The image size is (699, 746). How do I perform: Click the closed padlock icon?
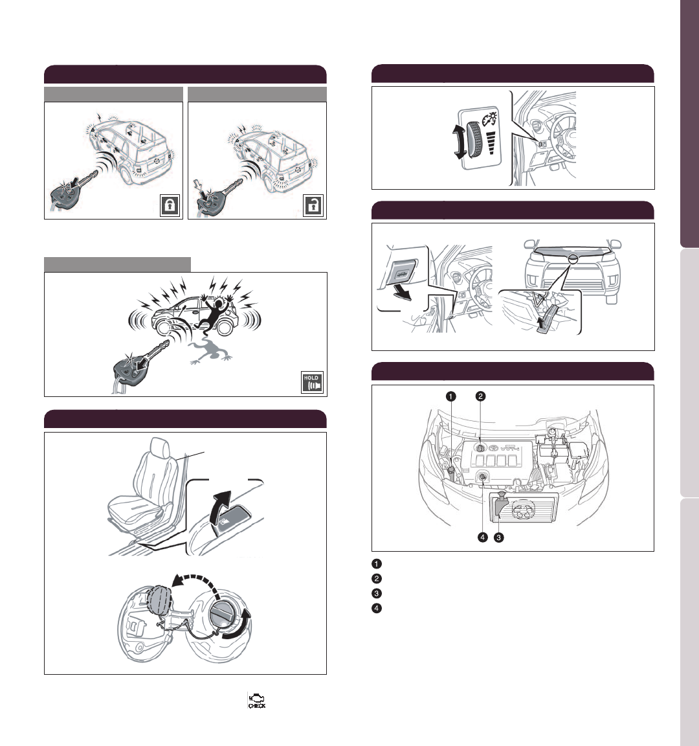coord(170,205)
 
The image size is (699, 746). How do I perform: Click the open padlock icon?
coord(313,205)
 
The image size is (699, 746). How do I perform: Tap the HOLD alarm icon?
coord(313,382)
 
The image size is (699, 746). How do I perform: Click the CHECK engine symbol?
coord(257,700)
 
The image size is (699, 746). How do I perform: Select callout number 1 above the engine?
coord(450,396)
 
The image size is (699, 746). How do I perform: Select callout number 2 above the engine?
coord(480,396)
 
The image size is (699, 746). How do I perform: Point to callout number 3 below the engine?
coord(498,537)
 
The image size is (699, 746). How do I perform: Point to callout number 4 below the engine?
coord(483,537)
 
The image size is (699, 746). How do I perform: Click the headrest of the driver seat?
coord(161,447)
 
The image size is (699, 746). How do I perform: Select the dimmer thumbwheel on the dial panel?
coord(474,140)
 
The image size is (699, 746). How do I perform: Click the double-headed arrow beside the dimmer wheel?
coord(460,142)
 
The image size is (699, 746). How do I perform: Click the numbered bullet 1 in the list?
coord(377,564)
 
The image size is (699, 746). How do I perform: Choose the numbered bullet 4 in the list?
coord(377,608)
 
